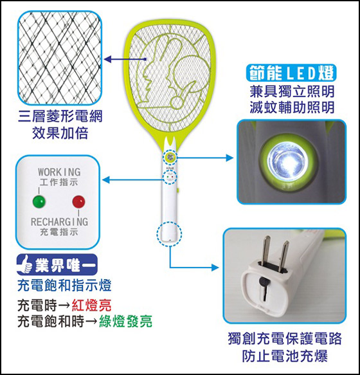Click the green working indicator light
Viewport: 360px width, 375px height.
pos(39,201)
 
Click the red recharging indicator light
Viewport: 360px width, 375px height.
pos(78,201)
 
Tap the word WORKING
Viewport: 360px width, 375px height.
pos(59,172)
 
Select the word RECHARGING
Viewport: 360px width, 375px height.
pos(59,222)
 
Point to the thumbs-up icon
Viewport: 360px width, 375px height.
pos(25,264)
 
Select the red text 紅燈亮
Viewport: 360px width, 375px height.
pos(91,305)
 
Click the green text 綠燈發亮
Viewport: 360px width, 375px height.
pos(125,321)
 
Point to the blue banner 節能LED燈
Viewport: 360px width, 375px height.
pos(291,73)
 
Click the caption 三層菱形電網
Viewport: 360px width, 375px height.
pos(60,116)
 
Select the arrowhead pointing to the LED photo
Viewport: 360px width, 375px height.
pos(230,158)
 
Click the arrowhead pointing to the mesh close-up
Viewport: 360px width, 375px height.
pos(108,59)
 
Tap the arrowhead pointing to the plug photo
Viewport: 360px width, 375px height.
pos(215,268)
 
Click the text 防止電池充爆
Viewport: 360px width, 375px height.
pos(285,356)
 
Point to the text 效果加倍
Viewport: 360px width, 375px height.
pos(60,133)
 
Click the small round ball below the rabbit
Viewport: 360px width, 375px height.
pos(177,103)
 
